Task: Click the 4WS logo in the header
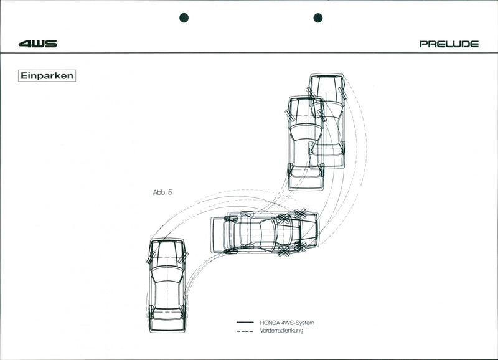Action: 37,44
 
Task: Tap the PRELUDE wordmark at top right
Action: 449,44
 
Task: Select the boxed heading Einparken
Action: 47,76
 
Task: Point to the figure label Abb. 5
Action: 162,192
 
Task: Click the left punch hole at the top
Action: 184,17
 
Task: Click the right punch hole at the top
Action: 317,17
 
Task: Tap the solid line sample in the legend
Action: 245,323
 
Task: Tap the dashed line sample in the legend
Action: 245,331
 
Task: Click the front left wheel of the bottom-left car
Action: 151,257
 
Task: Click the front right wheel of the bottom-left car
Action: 183,257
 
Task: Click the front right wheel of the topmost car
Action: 343,93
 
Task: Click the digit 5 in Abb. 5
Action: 169,192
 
